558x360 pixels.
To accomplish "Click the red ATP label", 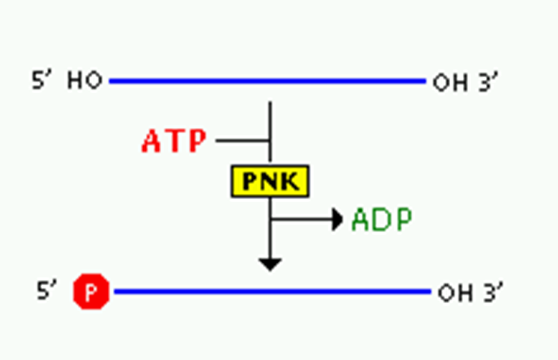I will (174, 141).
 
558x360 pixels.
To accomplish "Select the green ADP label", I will (382, 220).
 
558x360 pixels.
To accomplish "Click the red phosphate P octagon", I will (91, 291).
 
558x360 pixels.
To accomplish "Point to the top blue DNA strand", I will (266, 81).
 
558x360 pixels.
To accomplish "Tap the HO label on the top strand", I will (85, 81).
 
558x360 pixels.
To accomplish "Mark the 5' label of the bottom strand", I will (46, 290).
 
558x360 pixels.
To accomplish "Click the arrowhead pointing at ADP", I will (338, 220).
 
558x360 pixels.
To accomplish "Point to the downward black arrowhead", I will (270, 263).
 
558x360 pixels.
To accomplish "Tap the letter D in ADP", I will (382, 220).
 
